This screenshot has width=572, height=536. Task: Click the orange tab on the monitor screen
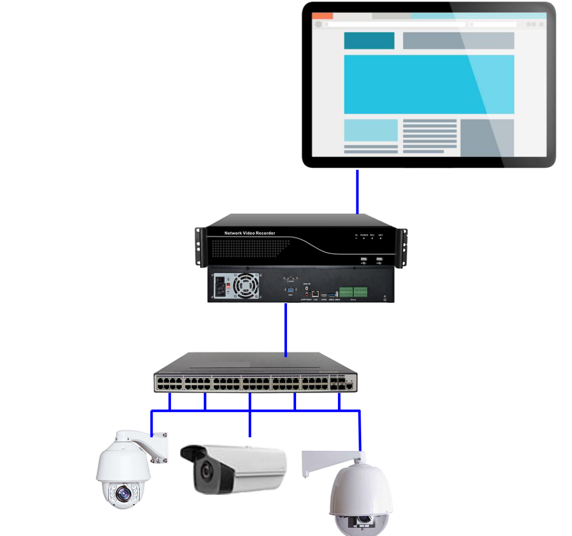point(323,16)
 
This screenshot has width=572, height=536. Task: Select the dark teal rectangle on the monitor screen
point(369,41)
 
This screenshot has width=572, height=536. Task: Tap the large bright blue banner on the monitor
point(428,84)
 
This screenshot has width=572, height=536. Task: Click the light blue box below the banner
point(371,130)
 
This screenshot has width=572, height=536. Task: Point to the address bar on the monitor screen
point(395,24)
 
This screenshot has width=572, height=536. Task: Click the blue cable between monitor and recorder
point(358,191)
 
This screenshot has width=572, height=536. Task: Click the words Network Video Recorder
point(249,233)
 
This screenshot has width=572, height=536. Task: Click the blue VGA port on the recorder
point(290,290)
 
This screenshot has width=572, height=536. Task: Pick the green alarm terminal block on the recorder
point(353,292)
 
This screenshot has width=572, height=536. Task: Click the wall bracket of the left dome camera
point(159,448)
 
